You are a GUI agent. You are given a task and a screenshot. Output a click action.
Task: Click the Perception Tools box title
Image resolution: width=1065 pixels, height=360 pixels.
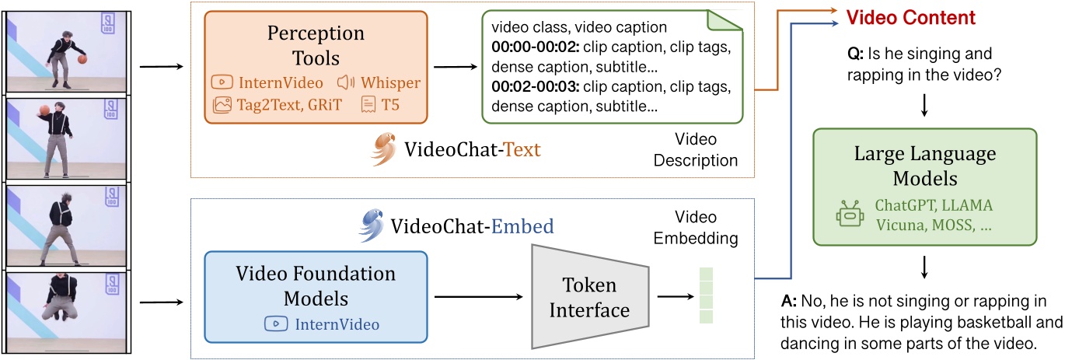point(316,45)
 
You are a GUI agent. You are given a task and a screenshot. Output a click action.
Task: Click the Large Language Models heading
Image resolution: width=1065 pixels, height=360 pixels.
point(924,166)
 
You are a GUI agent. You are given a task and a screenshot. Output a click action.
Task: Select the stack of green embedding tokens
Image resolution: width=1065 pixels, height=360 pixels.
point(705,295)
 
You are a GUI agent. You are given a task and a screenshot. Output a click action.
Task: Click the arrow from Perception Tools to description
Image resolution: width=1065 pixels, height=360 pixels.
point(454,67)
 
